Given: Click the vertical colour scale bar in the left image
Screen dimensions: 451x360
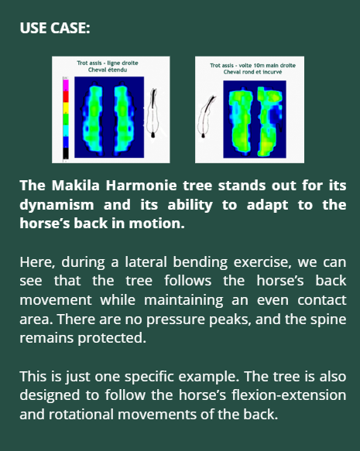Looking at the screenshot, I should pos(66,116).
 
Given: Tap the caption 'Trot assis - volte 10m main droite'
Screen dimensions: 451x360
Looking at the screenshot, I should pos(252,66).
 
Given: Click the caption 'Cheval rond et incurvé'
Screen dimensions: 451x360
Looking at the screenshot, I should pos(252,73).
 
